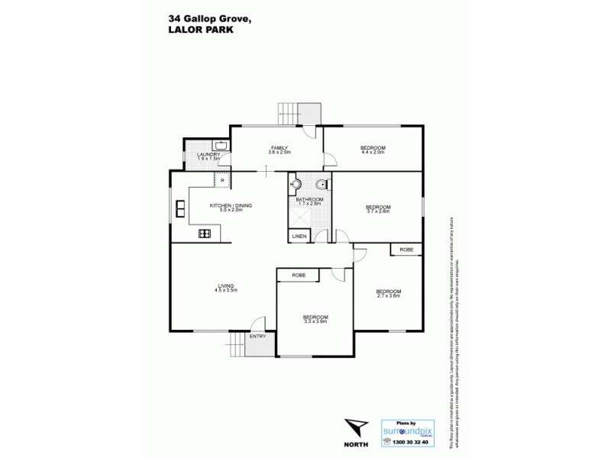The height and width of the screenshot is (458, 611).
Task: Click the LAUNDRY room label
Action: tap(208, 155)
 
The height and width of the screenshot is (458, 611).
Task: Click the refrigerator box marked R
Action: tap(222, 180)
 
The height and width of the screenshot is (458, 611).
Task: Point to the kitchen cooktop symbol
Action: tap(205, 234)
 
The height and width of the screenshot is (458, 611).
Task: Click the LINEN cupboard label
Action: tap(299, 237)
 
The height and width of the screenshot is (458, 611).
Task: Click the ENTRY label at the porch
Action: tap(257, 337)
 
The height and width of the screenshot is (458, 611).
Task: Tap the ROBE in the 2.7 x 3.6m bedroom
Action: tap(406, 250)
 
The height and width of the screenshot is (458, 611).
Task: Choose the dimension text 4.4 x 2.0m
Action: tap(373, 153)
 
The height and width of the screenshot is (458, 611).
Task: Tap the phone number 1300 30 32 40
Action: tap(407, 442)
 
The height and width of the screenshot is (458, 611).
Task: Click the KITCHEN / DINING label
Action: tap(231, 205)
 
